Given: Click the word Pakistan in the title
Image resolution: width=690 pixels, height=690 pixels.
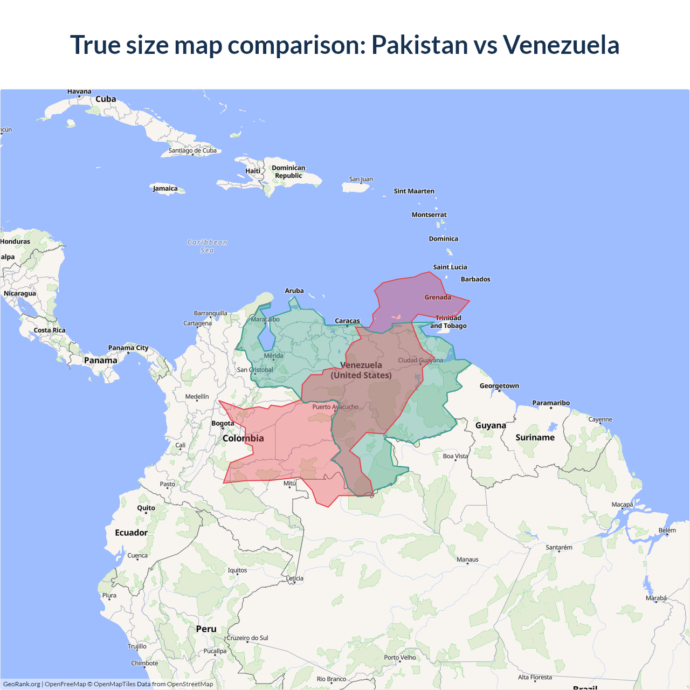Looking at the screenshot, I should tap(419, 45).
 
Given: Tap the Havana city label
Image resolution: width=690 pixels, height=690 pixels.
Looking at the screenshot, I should tap(79, 92).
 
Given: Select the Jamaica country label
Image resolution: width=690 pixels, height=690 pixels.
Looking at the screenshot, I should tap(165, 189).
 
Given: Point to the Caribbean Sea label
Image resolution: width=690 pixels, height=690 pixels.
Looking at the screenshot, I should tap(207, 246).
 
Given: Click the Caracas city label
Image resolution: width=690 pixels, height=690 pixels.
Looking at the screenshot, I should tap(347, 321).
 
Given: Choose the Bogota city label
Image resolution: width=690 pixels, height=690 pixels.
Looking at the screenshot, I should tap(223, 423).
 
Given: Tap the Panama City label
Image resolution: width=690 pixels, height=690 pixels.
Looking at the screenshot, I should tap(128, 348).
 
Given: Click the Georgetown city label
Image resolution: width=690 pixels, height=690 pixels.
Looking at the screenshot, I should tap(499, 386).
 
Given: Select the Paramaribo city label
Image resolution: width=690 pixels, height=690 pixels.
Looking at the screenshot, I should tap(551, 403).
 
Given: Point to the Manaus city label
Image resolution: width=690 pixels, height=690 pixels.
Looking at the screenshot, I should tap(467, 560).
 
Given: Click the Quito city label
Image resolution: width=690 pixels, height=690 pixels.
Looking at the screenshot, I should tap(146, 508).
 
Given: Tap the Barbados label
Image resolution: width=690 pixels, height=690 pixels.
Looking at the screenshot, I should tap(475, 279).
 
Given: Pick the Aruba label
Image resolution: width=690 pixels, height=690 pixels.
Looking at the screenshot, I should tap(294, 291).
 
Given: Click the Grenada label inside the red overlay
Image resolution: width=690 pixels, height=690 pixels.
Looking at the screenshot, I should tap(438, 297).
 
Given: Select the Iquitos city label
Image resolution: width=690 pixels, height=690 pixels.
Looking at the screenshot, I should tap(237, 570).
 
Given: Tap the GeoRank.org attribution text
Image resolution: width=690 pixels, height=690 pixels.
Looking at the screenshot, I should tap(22, 684).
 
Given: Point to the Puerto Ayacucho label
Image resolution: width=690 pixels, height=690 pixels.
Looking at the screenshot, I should tap(335, 407).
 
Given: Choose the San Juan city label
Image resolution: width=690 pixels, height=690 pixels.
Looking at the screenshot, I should tap(361, 179).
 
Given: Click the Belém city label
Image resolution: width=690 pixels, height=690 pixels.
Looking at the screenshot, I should tap(667, 530).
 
